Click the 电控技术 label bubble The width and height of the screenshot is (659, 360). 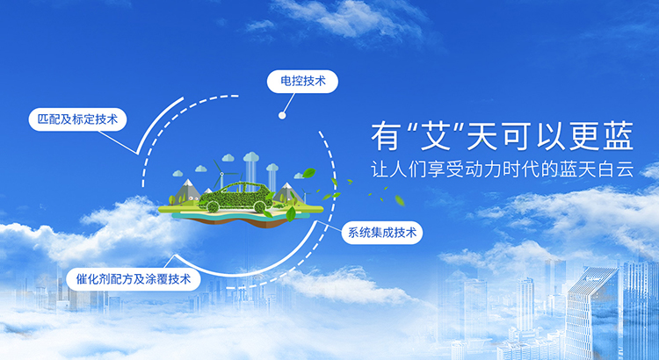302,82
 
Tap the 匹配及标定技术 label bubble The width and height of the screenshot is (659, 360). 77,119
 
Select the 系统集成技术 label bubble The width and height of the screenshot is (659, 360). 382,233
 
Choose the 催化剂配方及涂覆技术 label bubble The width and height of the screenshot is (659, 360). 134,279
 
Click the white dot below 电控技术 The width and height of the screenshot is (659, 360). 282,115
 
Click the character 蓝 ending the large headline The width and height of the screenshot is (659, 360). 619,136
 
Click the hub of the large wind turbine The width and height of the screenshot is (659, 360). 222,174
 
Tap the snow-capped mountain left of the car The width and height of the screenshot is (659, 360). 187,191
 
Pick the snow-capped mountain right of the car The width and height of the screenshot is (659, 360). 287,192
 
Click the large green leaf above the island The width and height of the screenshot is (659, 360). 309,173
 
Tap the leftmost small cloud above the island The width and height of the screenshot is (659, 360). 177,173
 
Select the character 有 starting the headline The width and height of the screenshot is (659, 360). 385,136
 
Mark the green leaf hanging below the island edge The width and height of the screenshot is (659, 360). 291,214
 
